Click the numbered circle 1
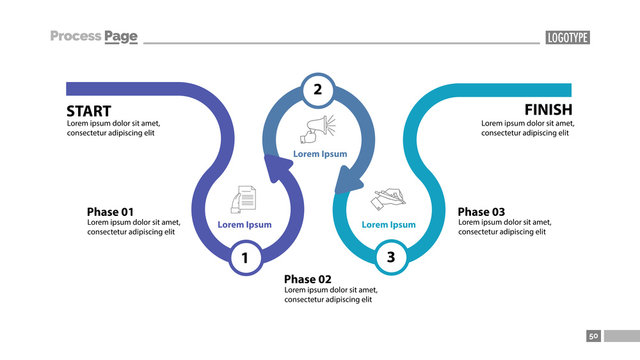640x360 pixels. click(x=243, y=259)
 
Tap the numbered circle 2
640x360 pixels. click(x=318, y=90)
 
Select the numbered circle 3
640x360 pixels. click(x=391, y=258)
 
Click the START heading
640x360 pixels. click(x=89, y=110)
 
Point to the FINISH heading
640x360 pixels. click(x=548, y=109)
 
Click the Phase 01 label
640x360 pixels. click(x=110, y=212)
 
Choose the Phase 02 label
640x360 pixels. click(x=307, y=279)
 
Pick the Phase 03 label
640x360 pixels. click(x=481, y=212)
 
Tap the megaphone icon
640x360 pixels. click(x=319, y=129)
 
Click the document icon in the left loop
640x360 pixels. click(x=245, y=197)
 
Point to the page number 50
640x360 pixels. click(x=593, y=337)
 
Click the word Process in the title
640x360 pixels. click(x=76, y=37)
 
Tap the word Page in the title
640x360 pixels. click(x=121, y=37)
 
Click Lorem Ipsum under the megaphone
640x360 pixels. click(x=320, y=154)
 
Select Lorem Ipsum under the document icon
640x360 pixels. click(x=244, y=225)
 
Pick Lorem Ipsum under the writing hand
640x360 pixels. click(x=388, y=225)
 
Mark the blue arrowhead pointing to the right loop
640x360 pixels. click(x=348, y=181)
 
